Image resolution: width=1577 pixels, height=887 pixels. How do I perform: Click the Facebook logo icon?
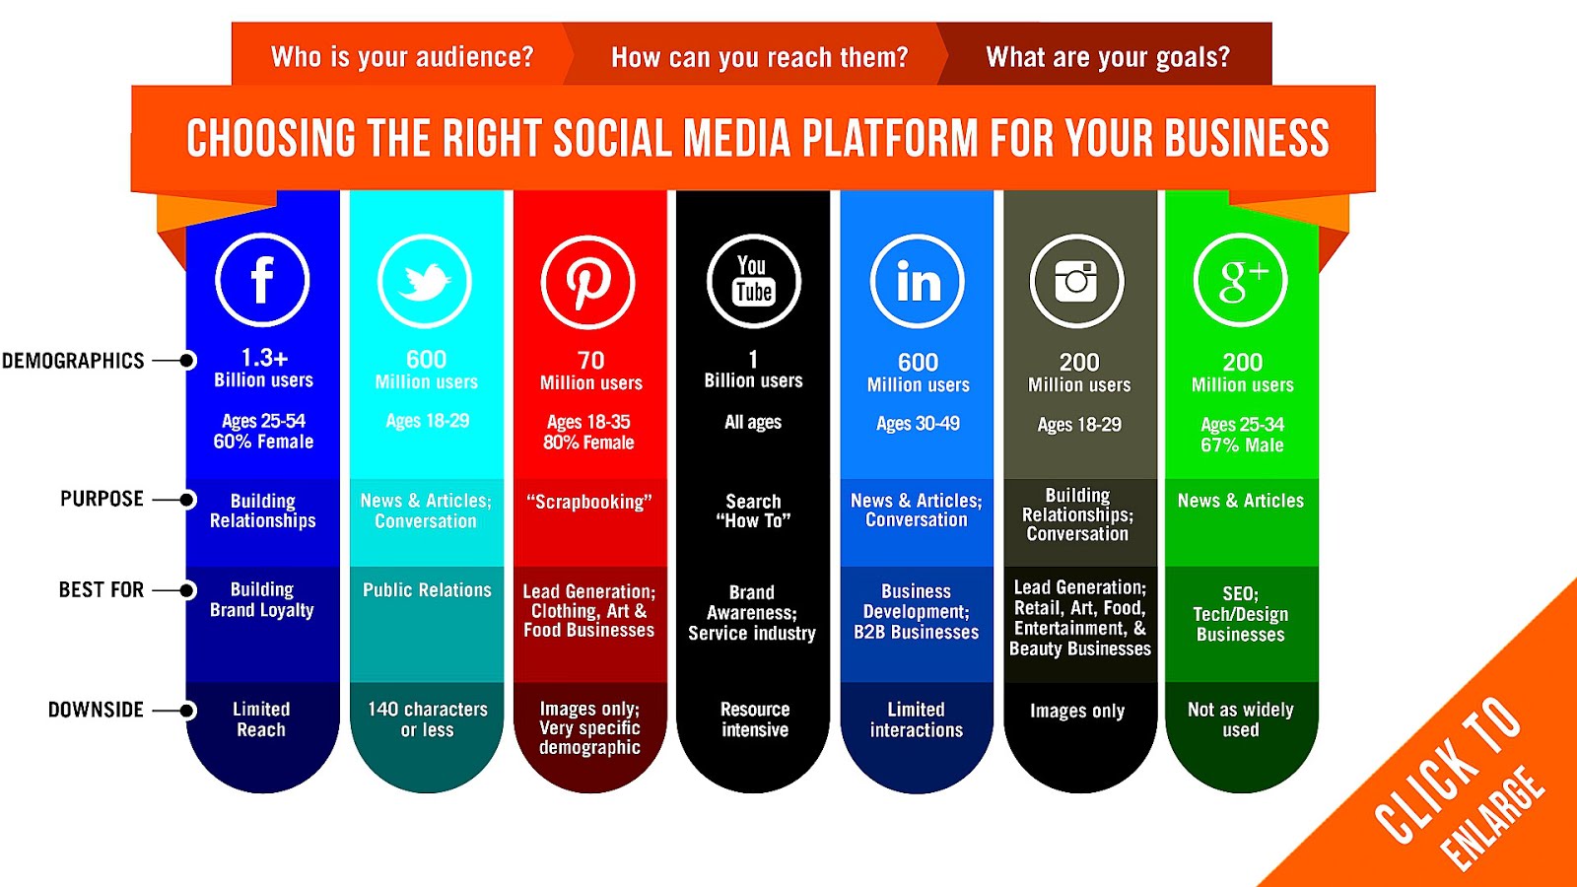click(262, 281)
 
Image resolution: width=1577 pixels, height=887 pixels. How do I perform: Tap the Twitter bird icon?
click(425, 282)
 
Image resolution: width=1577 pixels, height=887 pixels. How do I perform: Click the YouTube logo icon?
click(754, 282)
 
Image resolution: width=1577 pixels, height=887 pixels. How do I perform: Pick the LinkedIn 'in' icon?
click(918, 282)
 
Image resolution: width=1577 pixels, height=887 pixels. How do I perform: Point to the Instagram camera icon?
click(1077, 282)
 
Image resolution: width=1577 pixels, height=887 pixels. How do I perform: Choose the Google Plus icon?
click(1241, 281)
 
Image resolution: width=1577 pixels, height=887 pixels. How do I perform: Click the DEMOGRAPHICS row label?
click(74, 361)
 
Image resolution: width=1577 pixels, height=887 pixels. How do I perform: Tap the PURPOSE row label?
click(102, 499)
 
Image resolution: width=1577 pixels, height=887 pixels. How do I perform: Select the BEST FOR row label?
click(101, 589)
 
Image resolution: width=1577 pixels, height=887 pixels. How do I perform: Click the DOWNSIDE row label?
click(96, 710)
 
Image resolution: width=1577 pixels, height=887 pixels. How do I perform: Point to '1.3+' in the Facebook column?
click(264, 358)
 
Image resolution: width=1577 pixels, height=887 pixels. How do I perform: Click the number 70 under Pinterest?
click(590, 361)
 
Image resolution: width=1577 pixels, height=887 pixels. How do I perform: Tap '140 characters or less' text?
click(428, 719)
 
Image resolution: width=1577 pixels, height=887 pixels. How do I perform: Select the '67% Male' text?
click(1242, 445)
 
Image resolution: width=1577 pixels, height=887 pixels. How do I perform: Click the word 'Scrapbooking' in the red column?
click(589, 502)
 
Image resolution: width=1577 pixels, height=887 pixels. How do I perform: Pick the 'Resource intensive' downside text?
click(755, 719)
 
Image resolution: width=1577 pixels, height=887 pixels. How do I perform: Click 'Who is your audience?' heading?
click(402, 57)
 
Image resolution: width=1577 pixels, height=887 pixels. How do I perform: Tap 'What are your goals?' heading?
click(1108, 57)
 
